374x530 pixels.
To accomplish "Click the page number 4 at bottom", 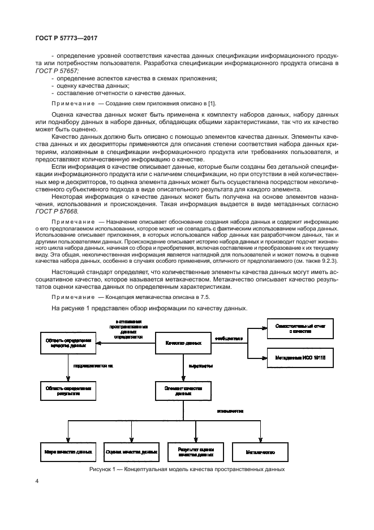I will [x=36, y=481].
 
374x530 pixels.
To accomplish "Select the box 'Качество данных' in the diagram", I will [x=183, y=343].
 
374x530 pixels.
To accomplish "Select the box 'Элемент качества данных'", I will [x=183, y=391].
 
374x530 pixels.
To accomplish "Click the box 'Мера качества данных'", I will [x=68, y=451].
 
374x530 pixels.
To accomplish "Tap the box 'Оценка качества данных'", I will [x=131, y=451].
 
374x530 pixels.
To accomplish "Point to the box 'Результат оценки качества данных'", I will [x=196, y=451].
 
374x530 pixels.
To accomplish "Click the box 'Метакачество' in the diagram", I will [x=260, y=451].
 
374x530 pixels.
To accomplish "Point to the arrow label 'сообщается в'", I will [x=228, y=339].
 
